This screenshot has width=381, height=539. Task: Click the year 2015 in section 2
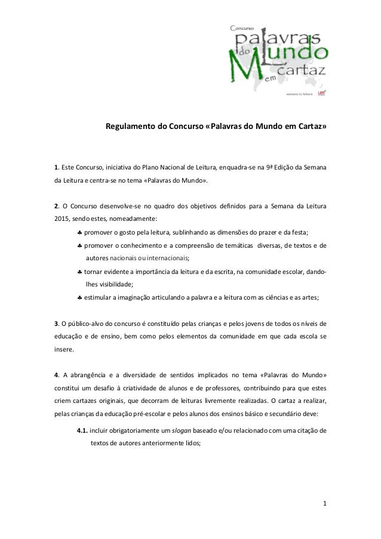click(63, 219)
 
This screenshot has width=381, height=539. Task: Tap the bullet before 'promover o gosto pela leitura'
click(79, 232)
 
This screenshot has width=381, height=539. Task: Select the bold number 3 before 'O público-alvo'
click(56, 324)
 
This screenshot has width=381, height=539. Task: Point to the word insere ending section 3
click(64, 350)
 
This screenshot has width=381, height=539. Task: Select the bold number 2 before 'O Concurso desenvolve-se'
click(56, 207)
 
